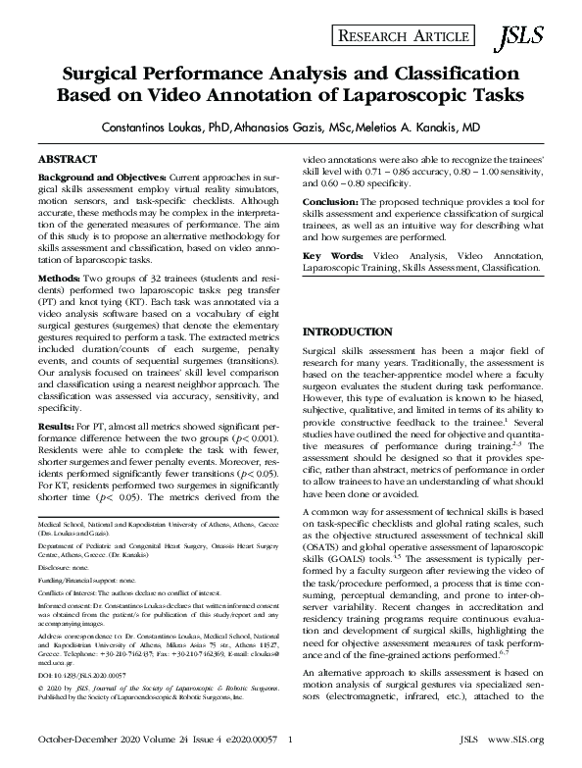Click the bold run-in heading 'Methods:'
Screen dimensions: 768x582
(x=60, y=280)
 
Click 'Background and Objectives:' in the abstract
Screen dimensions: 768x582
(x=102, y=178)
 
